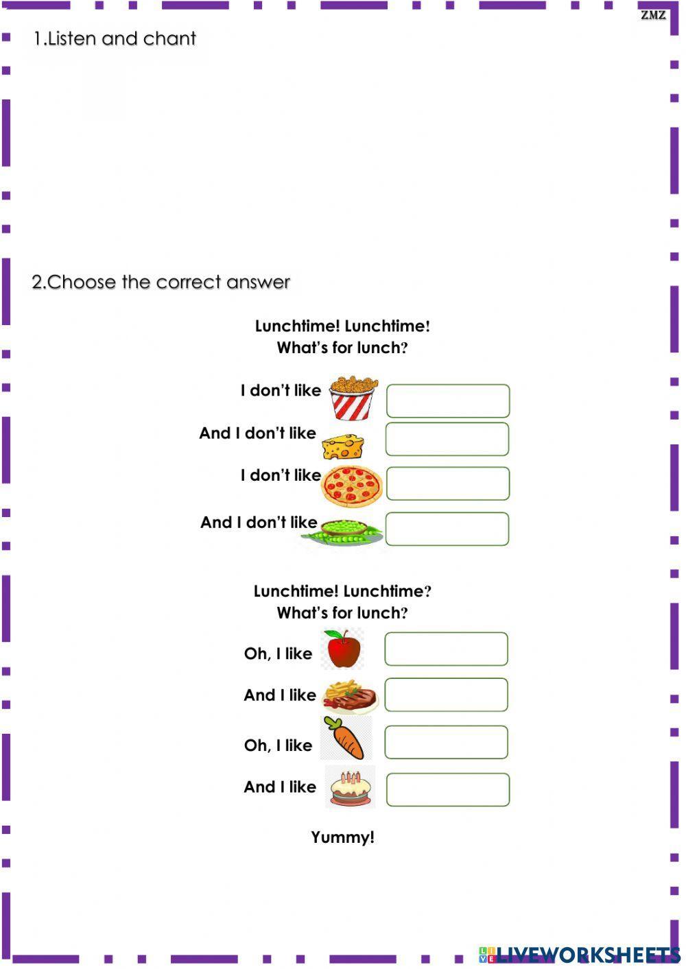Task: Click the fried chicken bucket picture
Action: [353, 398]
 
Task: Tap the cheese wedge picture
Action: [342, 446]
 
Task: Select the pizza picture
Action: [353, 484]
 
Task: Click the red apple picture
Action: [344, 649]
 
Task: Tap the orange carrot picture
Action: [346, 739]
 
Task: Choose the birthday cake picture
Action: [351, 788]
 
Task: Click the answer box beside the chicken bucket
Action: [448, 401]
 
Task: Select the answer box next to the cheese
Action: [447, 440]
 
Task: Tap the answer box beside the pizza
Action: [448, 483]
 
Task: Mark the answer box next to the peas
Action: [447, 529]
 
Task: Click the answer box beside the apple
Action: [446, 649]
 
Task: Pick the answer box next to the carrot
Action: [446, 742]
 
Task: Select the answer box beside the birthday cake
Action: [448, 789]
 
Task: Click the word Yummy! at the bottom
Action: [342, 837]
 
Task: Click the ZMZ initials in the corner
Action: [653, 14]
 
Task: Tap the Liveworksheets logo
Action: [580, 954]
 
